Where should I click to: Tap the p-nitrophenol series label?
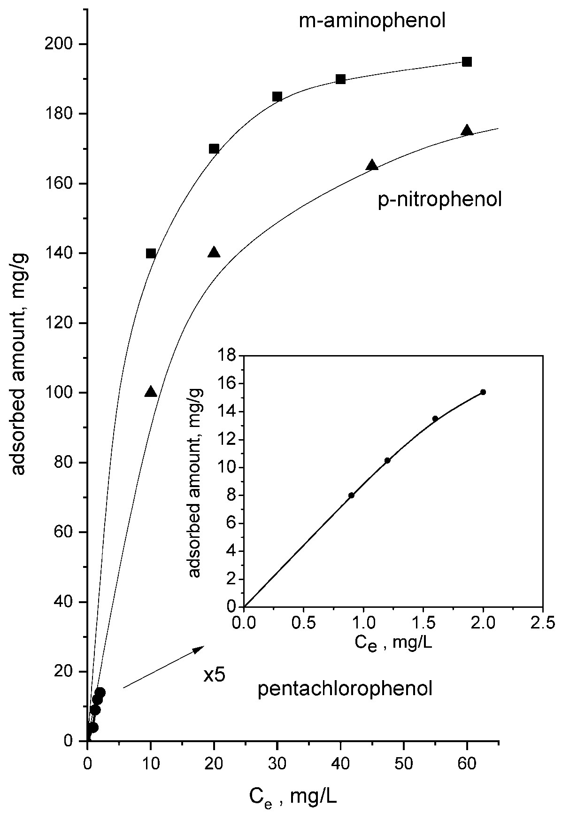click(440, 200)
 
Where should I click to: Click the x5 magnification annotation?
click(215, 675)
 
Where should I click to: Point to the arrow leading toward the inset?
click(163, 667)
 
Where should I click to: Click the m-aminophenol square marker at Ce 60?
click(467, 62)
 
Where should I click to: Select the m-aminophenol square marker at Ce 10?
click(151, 254)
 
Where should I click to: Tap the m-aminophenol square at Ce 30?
click(277, 97)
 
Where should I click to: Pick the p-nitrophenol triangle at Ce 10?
click(151, 392)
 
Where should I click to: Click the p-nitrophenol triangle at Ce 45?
click(372, 165)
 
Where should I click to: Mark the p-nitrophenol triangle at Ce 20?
click(214, 252)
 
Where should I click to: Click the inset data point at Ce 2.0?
click(483, 392)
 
